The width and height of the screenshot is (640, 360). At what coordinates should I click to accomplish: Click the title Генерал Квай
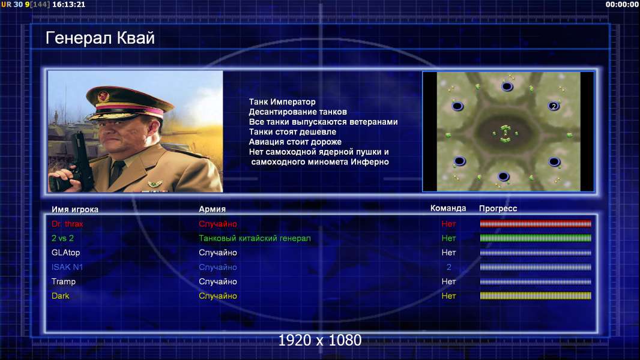[x=100, y=38]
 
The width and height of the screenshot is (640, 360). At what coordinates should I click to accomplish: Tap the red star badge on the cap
[x=103, y=97]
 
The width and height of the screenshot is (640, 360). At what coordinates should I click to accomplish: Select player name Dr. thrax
[x=67, y=224]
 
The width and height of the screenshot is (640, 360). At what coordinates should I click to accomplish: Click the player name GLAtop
[x=65, y=253]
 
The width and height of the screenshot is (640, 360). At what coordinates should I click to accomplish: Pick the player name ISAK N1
[x=67, y=267]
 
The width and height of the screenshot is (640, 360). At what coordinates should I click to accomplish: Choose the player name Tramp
[x=64, y=282]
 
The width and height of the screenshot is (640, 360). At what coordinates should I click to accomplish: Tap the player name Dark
[x=61, y=296]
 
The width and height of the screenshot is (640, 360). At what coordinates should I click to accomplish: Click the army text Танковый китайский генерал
[x=255, y=238]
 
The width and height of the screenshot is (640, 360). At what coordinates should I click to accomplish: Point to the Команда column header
[x=448, y=208]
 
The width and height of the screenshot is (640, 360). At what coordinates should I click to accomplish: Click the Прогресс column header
[x=498, y=208]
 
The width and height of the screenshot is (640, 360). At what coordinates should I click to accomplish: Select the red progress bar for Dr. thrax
[x=536, y=223]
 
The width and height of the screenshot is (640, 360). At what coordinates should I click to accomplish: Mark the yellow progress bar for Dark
[x=536, y=296]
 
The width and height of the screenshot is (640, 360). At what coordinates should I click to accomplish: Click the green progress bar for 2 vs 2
[x=536, y=238]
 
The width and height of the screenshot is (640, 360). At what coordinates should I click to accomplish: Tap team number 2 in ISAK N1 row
[x=448, y=267]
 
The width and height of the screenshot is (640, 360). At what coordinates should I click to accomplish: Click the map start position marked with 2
[x=554, y=106]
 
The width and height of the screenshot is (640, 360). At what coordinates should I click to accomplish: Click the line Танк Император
[x=282, y=102]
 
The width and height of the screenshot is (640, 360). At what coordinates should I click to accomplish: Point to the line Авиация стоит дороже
[x=295, y=142]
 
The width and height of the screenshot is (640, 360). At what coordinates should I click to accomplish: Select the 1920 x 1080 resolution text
[x=320, y=340]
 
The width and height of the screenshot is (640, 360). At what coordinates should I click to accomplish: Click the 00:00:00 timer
[x=621, y=4]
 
